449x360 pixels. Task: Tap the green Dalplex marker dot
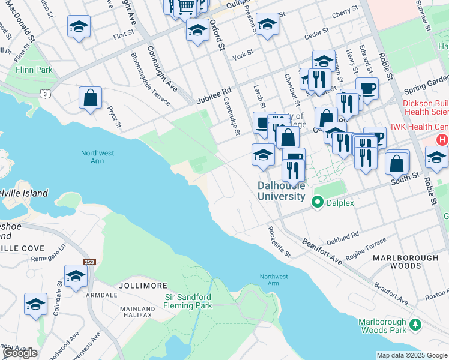[318, 203]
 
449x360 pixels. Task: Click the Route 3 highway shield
[44, 93]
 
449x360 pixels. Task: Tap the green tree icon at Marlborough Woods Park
[415, 326]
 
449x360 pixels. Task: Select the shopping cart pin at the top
[187, 6]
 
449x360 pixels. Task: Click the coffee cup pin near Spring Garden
[367, 89]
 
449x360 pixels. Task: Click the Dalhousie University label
[282, 191]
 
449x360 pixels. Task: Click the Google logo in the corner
[20, 353]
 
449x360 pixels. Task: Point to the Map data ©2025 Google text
[411, 355]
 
